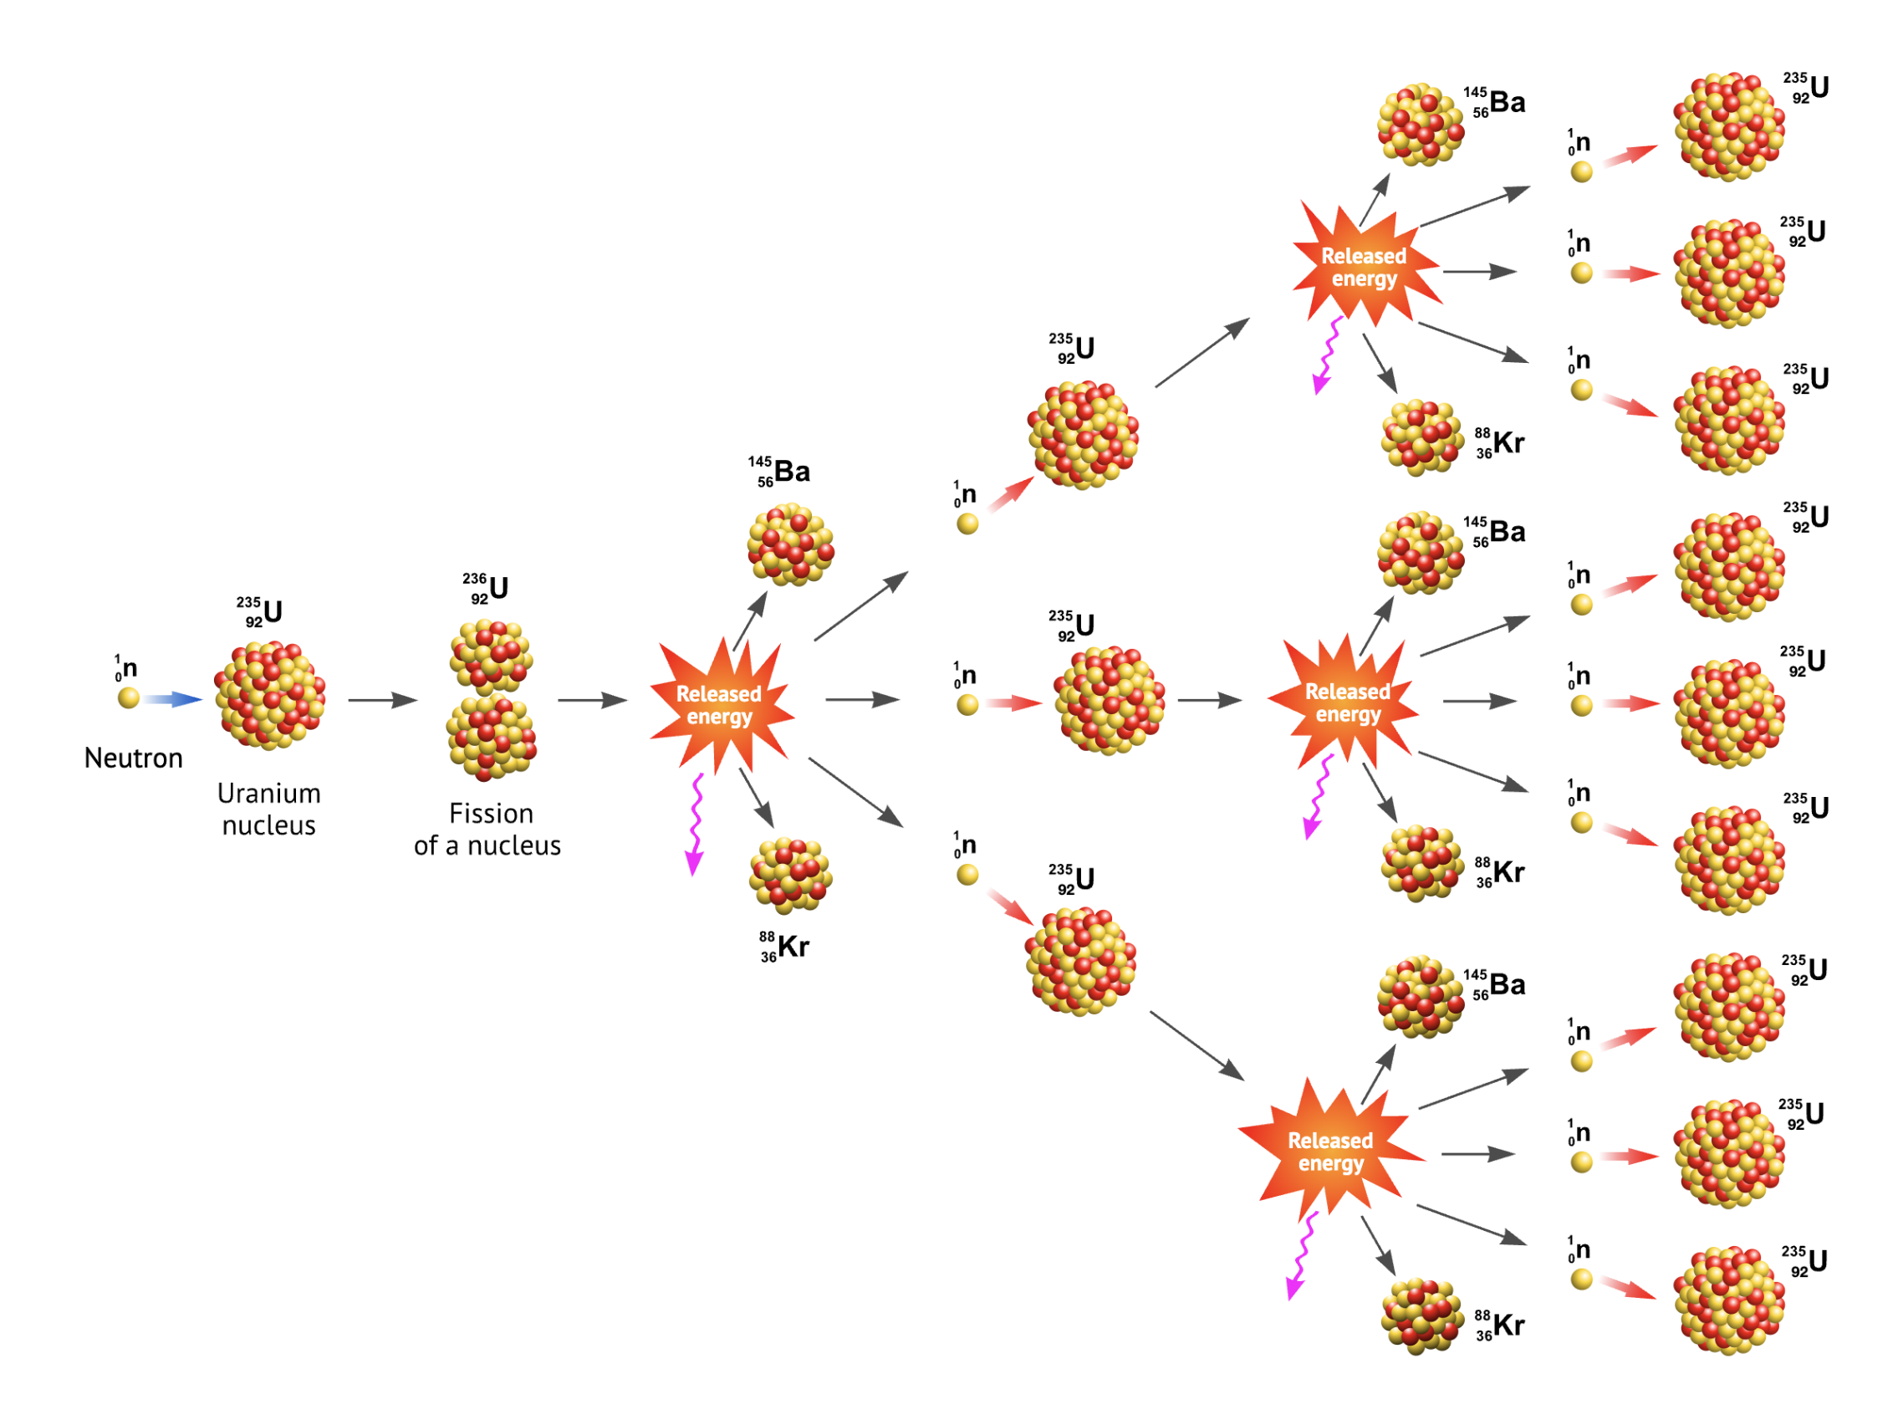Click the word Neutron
coord(133,758)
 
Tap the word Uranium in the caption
coord(268,793)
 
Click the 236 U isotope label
coord(487,589)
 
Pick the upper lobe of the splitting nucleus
coord(492,656)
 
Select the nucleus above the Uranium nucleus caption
coord(270,695)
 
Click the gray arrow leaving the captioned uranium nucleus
coord(382,701)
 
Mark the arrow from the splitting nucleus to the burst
coord(592,701)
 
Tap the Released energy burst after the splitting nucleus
coord(719,706)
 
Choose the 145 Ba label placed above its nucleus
coord(779,472)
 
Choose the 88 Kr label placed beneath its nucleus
coord(784,947)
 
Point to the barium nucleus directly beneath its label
coord(791,545)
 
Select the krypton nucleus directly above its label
coord(791,875)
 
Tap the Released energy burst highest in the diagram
coord(1364,268)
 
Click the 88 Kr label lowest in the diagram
coord(1500,1325)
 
